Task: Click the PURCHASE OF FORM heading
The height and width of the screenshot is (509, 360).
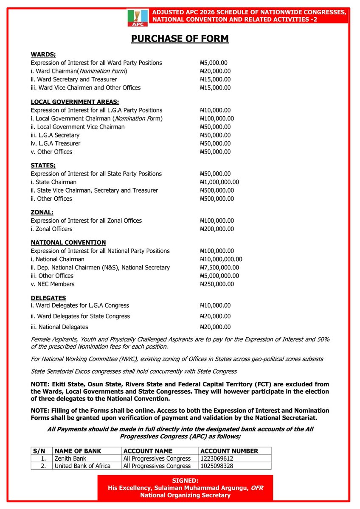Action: [x=180, y=39]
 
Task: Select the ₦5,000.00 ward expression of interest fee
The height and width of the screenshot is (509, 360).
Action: [x=215, y=63]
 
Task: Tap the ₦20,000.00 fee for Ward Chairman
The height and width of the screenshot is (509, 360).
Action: [x=215, y=71]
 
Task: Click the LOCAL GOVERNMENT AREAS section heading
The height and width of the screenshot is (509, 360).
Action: [x=75, y=102]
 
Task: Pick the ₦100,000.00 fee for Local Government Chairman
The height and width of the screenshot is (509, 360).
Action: [x=217, y=118]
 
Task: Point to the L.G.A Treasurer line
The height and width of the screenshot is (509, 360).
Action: [x=55, y=143]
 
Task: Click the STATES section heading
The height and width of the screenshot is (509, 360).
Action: [x=43, y=165]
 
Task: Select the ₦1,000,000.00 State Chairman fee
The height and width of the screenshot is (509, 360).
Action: [x=219, y=182]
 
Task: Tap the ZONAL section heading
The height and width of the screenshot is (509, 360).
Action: [x=42, y=212]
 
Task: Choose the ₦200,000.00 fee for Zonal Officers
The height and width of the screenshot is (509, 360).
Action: [x=217, y=229]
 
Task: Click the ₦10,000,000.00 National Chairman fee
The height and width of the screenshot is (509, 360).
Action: [x=221, y=259]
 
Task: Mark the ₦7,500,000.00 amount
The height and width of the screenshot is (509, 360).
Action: [x=219, y=268]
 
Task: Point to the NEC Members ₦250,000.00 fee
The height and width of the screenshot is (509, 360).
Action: [x=217, y=284]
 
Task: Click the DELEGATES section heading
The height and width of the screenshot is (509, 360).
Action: [x=48, y=298]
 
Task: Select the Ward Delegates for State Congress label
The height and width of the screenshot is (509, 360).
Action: [x=80, y=316]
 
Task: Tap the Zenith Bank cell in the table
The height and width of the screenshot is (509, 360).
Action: [x=70, y=459]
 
